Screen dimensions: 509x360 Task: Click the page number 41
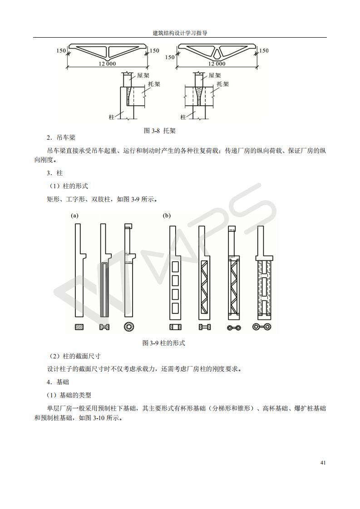[x=323, y=463]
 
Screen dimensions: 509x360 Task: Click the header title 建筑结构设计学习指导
[x=180, y=33]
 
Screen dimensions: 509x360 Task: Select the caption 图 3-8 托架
[x=159, y=131]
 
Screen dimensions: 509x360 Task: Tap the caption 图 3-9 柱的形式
[x=163, y=343]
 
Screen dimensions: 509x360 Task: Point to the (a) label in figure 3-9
[x=74, y=216]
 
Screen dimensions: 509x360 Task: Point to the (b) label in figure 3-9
[x=167, y=216]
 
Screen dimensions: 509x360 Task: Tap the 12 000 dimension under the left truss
[x=107, y=64]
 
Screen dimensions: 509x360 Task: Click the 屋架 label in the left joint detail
[x=144, y=76]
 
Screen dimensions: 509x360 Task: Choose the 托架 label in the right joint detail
[x=222, y=84]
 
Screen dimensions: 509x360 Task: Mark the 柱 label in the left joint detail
[x=112, y=117]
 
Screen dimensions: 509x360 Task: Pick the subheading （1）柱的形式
[x=68, y=186]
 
